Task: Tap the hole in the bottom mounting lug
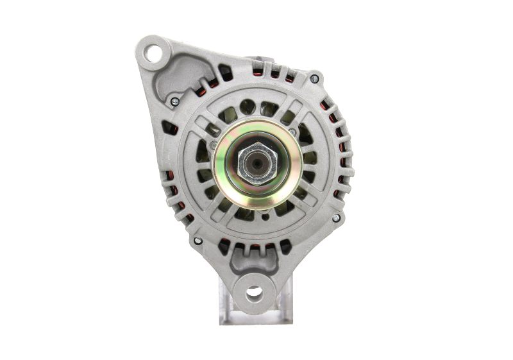pyautogui.click(x=255, y=292)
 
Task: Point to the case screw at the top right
pyautogui.click(x=314, y=79)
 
